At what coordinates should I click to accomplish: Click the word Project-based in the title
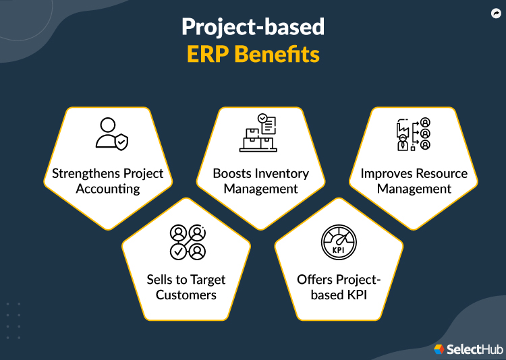coord(253,27)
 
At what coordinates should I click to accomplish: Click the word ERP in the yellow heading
coord(210,55)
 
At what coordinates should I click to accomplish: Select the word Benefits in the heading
coord(277,55)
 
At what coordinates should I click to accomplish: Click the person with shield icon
coord(110,133)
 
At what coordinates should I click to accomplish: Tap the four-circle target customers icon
coord(187,241)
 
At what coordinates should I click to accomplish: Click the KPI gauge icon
coord(339,242)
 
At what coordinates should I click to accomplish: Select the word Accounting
coord(108,189)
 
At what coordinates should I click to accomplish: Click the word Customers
coord(186,295)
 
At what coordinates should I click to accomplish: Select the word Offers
coord(315,280)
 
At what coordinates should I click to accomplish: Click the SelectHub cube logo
coord(439,349)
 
